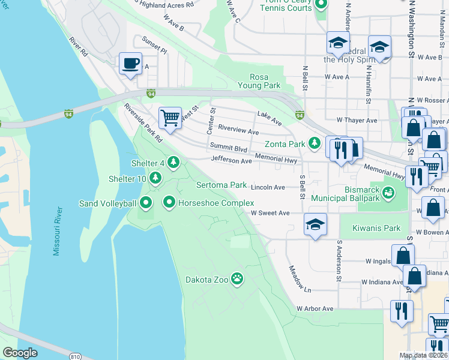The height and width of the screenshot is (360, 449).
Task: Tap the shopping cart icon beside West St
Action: point(170,117)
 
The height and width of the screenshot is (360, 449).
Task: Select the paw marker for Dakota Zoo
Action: point(238,278)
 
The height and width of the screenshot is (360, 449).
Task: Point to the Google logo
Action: point(20,353)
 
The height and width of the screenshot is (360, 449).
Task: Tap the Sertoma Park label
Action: point(221,185)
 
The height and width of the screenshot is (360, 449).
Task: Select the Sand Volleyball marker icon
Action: point(147,203)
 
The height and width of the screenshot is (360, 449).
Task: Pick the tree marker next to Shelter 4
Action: point(173,162)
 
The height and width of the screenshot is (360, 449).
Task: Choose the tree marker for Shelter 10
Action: point(155,178)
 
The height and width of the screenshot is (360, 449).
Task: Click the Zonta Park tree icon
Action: point(313,143)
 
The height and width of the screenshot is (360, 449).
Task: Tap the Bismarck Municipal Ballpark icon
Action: point(388,193)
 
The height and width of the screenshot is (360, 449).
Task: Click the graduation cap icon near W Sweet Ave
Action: point(315,224)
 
